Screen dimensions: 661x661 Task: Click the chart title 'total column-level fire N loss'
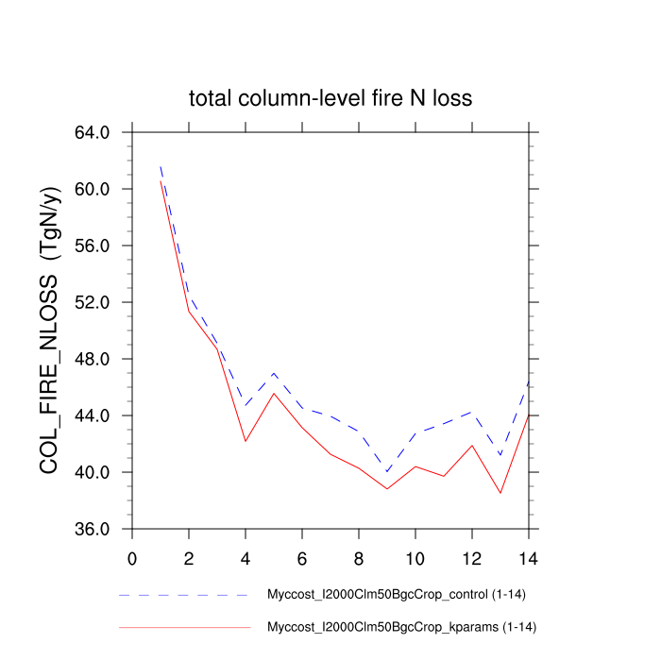pos(330,98)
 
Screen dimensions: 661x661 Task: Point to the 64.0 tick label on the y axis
pos(93,132)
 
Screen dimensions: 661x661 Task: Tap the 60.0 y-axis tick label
pos(93,189)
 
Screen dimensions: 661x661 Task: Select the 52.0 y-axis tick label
pos(93,302)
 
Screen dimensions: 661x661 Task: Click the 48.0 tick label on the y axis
pos(93,359)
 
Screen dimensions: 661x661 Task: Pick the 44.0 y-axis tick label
pos(93,415)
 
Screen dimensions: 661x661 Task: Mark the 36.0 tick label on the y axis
pos(93,529)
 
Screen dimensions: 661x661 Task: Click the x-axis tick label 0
pos(132,557)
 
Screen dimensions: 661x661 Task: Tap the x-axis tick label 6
pos(302,557)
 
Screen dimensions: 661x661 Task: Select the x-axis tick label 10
pos(415,557)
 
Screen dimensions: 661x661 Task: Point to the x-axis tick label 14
pos(529,557)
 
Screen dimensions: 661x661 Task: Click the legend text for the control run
pos(392,596)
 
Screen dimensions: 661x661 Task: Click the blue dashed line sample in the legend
pos(184,596)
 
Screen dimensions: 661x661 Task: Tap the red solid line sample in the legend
pos(184,626)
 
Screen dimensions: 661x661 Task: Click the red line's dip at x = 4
pos(246,441)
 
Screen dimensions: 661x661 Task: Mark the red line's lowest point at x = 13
pos(500,493)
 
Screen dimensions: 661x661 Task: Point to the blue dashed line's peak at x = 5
pos(274,373)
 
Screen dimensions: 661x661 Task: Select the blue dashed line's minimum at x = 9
pos(387,472)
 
